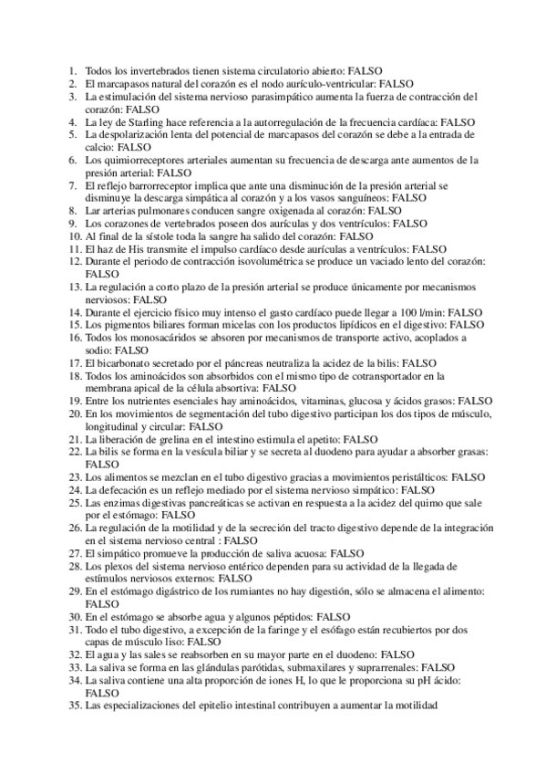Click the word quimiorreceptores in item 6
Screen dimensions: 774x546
pyautogui.click(x=141, y=160)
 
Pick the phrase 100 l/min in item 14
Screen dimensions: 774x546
pyautogui.click(x=421, y=312)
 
